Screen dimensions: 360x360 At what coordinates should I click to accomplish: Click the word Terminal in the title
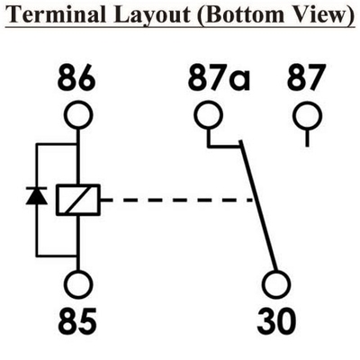tap(56, 14)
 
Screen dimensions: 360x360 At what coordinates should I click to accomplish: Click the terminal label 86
tap(76, 78)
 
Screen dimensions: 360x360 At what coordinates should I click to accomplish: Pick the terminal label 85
tap(77, 322)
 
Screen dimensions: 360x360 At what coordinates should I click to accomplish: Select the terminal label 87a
tap(219, 78)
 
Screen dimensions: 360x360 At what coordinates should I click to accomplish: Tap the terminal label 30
tap(276, 322)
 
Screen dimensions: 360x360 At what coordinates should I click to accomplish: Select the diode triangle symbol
tap(37, 195)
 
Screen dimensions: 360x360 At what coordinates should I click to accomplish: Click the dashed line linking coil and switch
tap(177, 200)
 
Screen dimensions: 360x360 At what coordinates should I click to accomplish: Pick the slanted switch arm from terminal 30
tap(257, 206)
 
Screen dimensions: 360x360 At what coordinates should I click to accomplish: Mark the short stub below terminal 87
tap(308, 138)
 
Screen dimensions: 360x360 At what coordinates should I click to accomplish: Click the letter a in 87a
tap(240, 82)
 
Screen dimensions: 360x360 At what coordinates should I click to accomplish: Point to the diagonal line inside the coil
tap(78, 200)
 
